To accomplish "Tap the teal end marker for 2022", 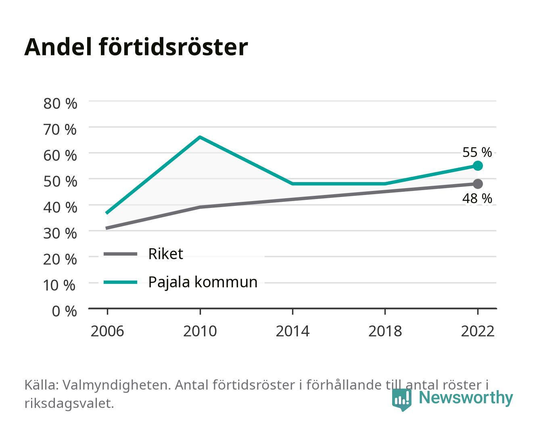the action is pos(478,166).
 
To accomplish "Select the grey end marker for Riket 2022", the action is pos(478,184).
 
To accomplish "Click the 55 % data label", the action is pos(477,152).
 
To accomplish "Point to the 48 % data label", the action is pos(477,198).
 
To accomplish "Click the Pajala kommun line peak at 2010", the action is pos(200,137).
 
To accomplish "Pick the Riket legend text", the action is pos(165,254).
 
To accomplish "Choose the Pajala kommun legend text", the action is pos(203,282).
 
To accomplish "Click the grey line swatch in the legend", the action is pos(121,254).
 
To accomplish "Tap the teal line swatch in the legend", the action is pos(121,282).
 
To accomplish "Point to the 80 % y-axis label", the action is pos(60,104).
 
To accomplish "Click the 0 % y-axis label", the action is pos(64,311).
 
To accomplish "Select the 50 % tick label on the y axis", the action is pos(60,182).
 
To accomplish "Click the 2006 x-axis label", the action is pos(107,331).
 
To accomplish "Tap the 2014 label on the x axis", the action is pos(292,331).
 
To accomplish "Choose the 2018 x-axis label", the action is pos(385,331).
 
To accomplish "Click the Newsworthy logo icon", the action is pos(401,400).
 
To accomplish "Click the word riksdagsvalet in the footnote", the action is pos(69,403).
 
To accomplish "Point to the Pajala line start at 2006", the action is pos(107,213).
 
